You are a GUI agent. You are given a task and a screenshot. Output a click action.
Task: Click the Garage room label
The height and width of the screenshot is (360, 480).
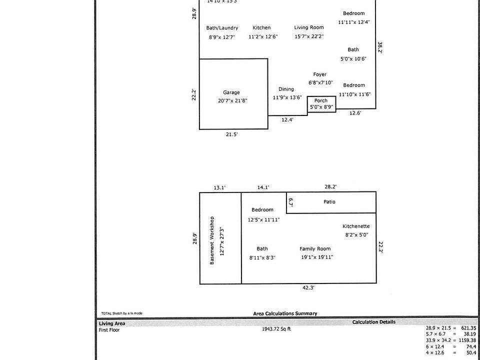tap(231, 92)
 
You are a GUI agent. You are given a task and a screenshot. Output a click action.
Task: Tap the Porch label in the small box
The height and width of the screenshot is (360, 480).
tap(321, 101)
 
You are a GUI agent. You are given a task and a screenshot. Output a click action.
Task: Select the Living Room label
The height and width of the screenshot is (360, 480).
tap(308, 28)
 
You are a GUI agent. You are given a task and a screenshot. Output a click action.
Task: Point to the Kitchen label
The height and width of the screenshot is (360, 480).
tap(261, 28)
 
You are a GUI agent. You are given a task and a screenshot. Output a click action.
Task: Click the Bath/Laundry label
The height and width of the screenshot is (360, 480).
tap(222, 28)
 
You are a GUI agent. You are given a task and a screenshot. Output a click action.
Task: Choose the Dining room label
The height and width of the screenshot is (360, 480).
tap(286, 89)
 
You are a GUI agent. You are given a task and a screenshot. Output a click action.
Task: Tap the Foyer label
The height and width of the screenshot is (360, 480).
tap(320, 74)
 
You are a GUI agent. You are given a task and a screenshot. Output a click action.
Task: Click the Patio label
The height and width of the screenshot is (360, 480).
tap(329, 202)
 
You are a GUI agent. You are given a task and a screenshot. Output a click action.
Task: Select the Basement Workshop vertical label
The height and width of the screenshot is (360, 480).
tap(212, 240)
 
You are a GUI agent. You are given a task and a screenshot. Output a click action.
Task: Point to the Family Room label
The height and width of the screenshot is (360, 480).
tap(315, 249)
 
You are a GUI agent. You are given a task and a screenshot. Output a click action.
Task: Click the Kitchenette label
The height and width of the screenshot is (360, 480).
tap(356, 226)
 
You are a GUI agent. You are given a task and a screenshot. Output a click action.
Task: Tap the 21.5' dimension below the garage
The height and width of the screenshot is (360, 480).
tap(231, 134)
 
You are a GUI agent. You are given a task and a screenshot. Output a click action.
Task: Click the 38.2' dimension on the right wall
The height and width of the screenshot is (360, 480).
tap(380, 47)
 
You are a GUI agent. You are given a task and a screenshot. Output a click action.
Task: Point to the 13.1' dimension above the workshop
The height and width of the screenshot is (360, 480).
tap(219, 187)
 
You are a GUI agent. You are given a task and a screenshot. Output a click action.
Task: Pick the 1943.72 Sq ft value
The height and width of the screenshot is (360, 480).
tap(276, 329)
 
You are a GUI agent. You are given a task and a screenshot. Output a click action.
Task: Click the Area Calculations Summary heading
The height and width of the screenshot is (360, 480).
tap(285, 314)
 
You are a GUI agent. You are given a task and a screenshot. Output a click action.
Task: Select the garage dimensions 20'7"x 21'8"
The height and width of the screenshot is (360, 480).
tap(232, 101)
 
